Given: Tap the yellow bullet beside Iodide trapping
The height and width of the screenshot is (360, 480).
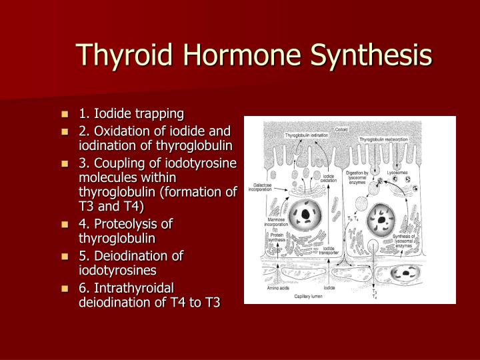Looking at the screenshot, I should coord(65,114).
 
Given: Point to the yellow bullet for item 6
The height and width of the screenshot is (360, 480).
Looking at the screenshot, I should coord(65,289).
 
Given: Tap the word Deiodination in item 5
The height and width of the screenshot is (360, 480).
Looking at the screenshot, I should coord(129,255).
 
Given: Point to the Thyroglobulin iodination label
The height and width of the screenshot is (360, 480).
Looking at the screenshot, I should coord(307,136).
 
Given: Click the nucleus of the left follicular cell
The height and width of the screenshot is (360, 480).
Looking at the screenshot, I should coord(305,215).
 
